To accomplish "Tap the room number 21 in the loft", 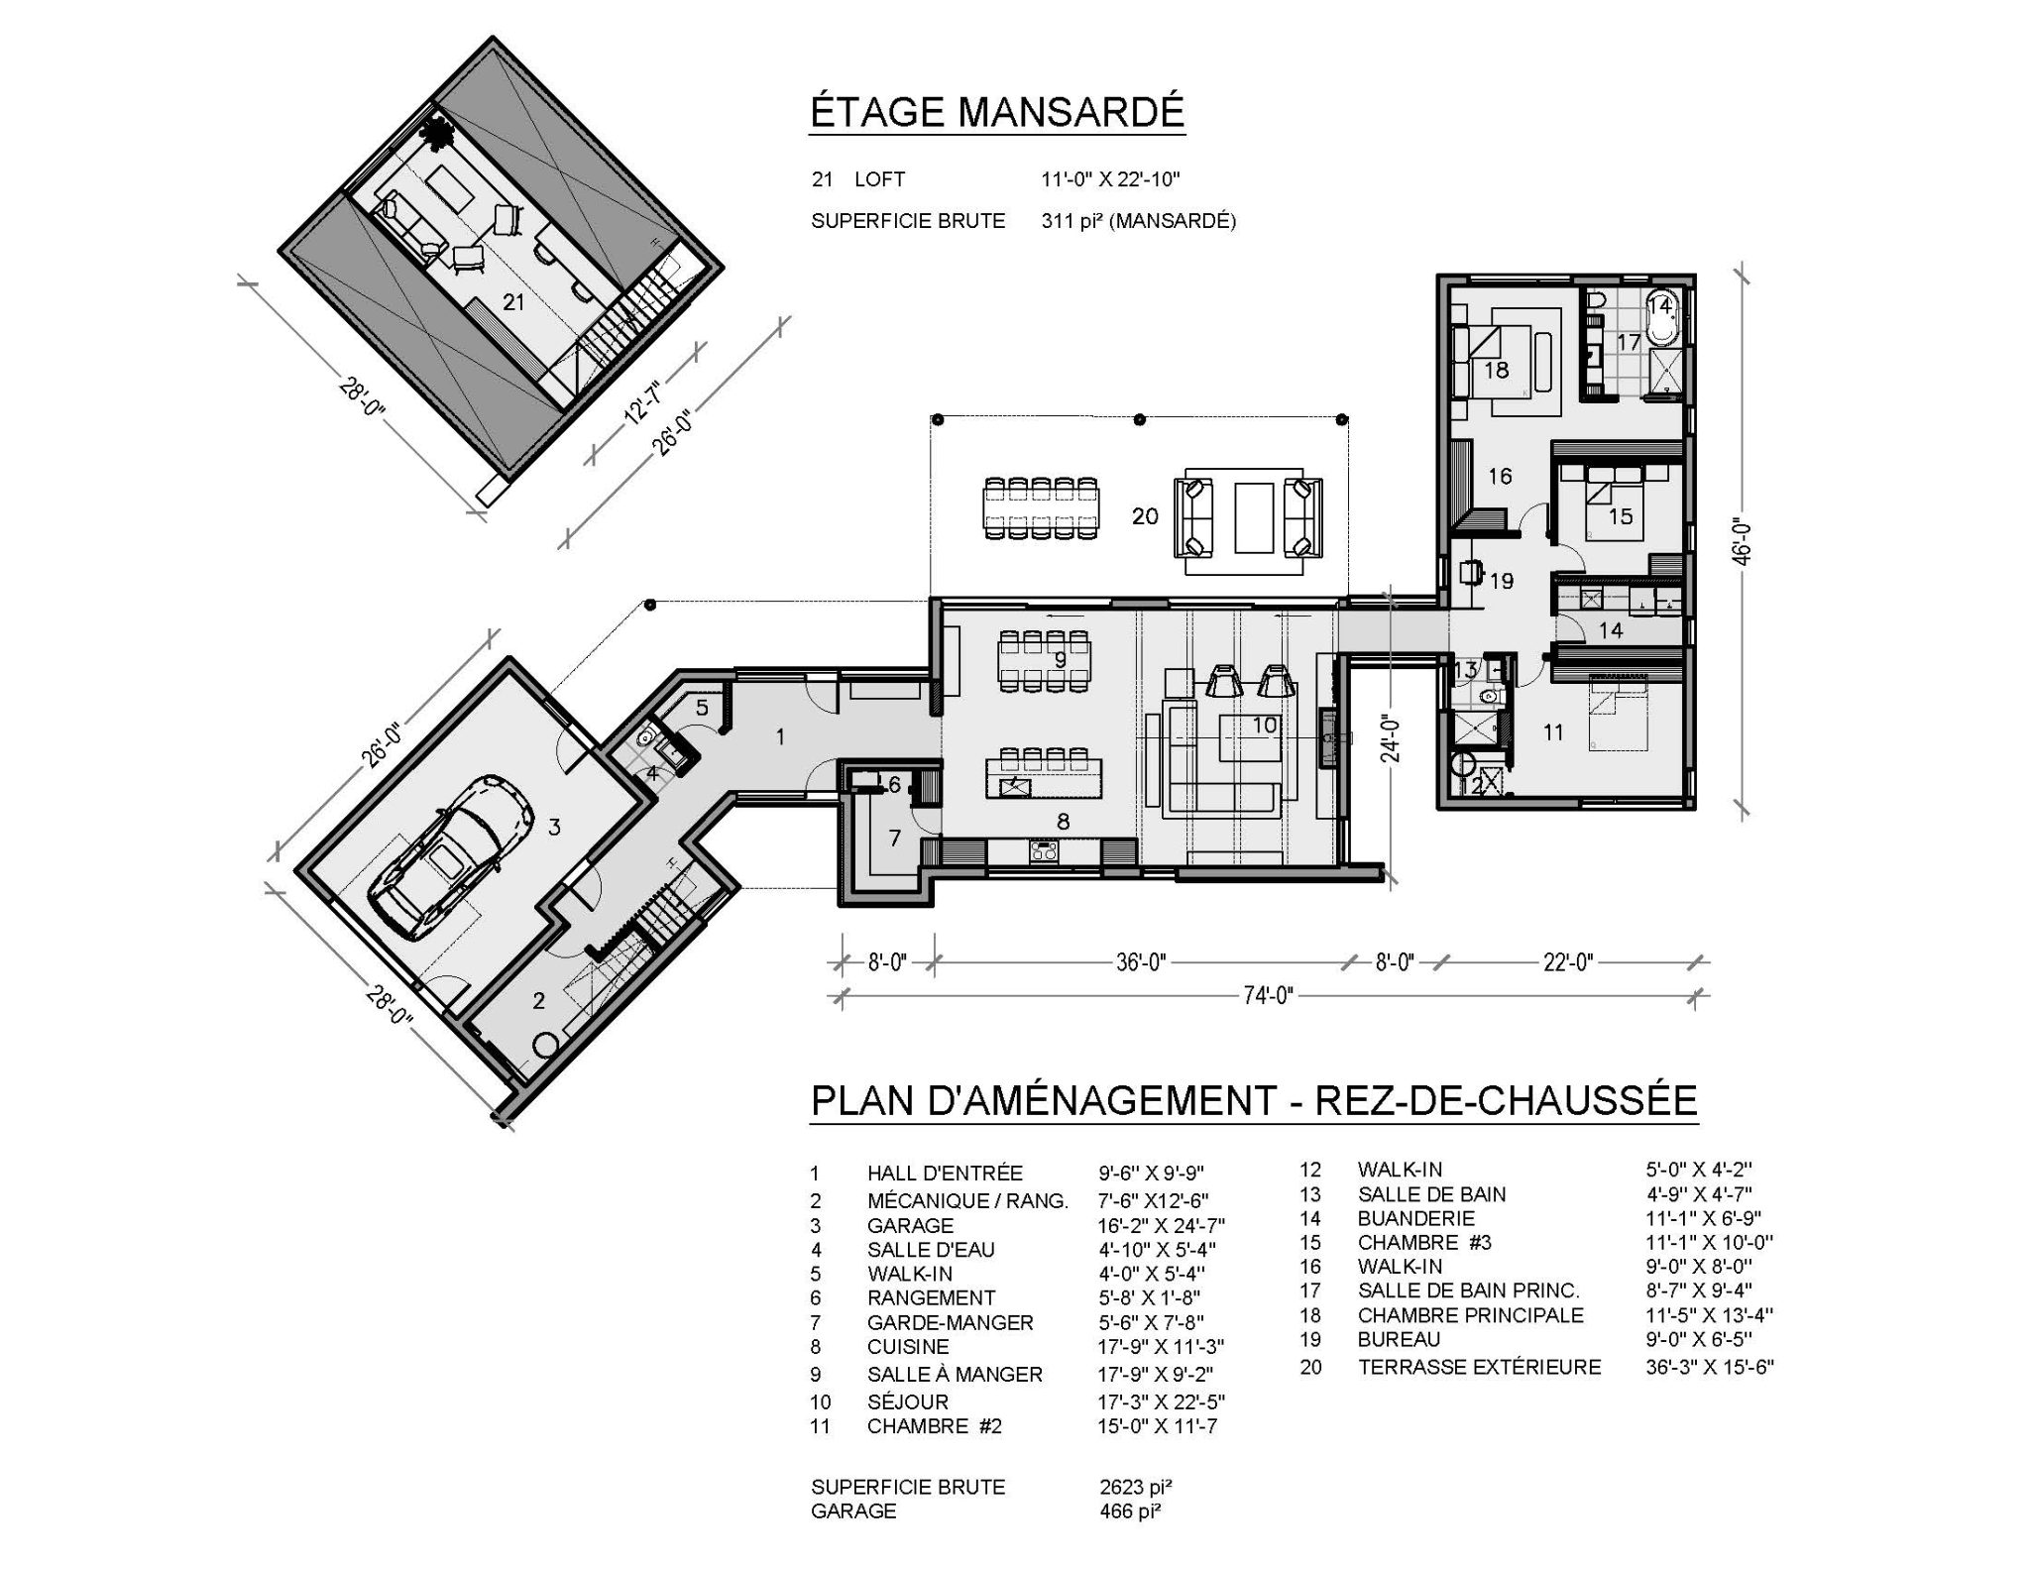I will click(513, 301).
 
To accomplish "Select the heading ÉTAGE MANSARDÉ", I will click(997, 113).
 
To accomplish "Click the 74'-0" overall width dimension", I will click(1269, 995).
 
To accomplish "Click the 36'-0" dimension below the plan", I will click(1141, 962).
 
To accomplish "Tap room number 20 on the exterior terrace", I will click(1145, 516).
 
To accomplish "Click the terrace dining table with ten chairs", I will click(1042, 508).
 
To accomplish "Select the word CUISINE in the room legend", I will click(908, 1346).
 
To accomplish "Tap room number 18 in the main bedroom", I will click(1496, 370).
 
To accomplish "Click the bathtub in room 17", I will click(1660, 319).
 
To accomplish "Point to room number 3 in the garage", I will click(554, 827).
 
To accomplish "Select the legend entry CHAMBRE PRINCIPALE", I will click(1470, 1315).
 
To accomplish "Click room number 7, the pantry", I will click(895, 839).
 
